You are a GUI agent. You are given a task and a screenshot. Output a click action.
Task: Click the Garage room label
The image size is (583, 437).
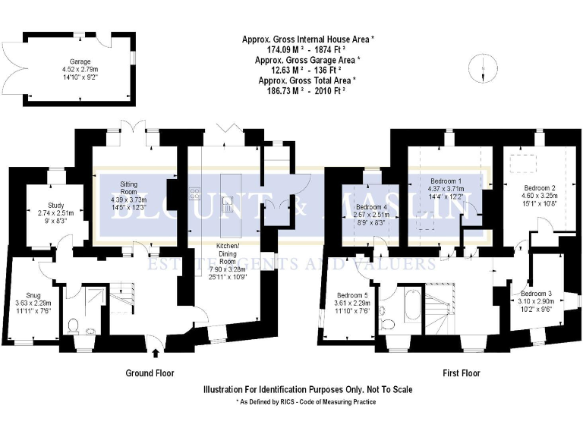tap(75, 61)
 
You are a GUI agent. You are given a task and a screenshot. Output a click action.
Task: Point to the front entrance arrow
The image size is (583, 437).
tap(156, 351)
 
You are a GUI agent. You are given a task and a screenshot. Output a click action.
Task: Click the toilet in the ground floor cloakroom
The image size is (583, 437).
tap(74, 326)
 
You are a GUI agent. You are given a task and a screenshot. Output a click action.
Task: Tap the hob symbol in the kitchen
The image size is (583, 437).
tap(194, 193)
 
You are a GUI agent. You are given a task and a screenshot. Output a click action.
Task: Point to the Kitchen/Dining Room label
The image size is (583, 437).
tap(227, 251)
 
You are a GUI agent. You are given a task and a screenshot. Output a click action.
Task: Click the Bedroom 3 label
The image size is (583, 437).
tap(536, 293)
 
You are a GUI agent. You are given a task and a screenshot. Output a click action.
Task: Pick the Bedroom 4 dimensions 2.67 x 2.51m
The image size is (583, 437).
tap(371, 215)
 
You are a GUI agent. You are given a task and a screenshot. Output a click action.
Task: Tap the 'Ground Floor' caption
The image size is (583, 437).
tap(150, 373)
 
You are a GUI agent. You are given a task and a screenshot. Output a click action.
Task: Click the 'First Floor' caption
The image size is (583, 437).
tap(462, 373)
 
